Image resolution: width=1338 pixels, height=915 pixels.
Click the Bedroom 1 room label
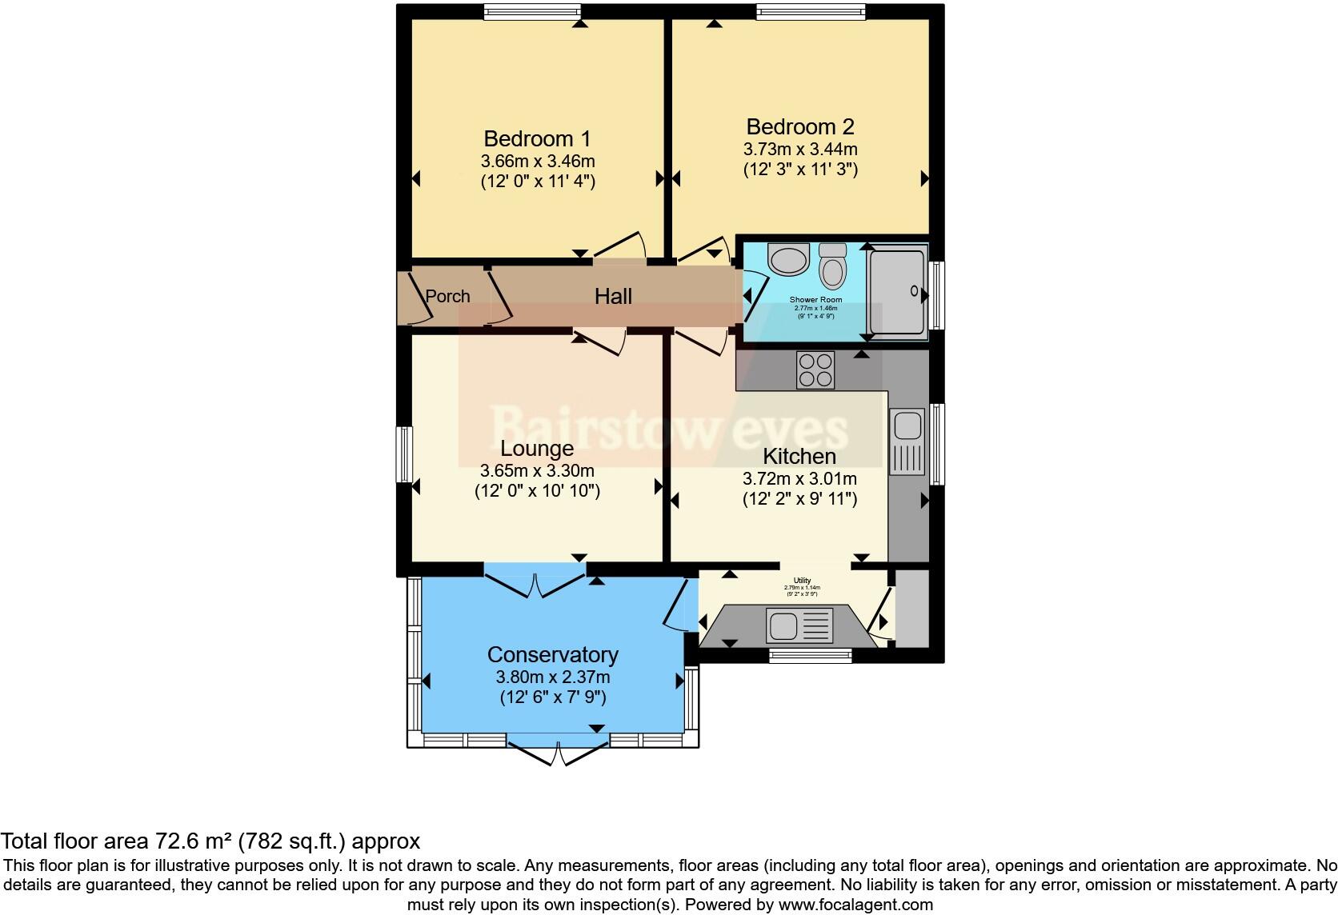coord(537,138)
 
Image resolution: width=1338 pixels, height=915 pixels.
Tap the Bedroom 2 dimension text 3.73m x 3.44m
coord(799,149)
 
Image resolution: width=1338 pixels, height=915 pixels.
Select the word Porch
coord(447,296)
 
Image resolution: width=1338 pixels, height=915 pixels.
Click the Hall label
coord(613,296)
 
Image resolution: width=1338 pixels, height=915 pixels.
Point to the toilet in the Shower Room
coord(833,266)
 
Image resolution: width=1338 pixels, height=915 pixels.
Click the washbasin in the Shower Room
coord(788,259)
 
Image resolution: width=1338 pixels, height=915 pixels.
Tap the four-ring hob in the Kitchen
coord(815,370)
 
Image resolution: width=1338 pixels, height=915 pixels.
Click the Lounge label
coord(537,448)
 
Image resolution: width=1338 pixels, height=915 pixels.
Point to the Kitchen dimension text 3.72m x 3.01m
coord(799,479)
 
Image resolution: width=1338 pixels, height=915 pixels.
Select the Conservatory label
coord(553,654)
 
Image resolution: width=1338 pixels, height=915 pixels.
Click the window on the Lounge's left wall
coord(405,454)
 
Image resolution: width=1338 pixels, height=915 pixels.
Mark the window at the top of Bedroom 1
coord(531,10)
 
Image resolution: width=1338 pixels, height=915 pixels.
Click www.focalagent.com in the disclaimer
coord(855,905)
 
